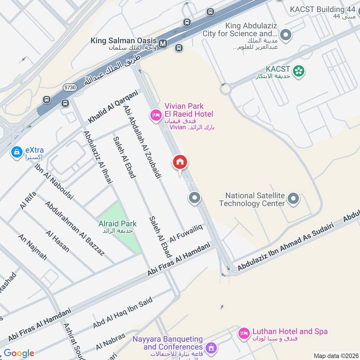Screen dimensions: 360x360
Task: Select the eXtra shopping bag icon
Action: (17, 153)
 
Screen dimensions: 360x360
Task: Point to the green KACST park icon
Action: (298, 71)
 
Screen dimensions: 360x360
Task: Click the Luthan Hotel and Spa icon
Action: (244, 333)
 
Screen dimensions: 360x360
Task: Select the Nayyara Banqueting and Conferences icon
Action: (211, 348)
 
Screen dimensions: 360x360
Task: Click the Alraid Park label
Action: (117, 224)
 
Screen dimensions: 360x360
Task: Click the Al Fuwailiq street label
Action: (186, 234)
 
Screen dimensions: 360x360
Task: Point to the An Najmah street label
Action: (32, 247)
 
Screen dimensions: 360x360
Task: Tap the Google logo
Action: (19, 353)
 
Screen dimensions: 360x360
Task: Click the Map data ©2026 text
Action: (335, 355)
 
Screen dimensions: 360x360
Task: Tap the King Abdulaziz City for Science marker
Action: (285, 34)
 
